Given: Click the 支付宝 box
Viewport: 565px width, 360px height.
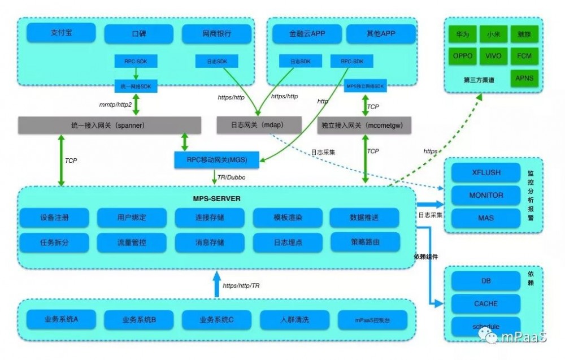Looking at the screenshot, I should click(61, 33).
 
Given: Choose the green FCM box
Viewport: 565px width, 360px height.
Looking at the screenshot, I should click(524, 56).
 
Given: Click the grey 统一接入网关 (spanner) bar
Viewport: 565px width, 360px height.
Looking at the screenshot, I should click(110, 125).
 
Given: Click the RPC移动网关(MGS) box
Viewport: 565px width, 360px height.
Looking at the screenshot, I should click(218, 160).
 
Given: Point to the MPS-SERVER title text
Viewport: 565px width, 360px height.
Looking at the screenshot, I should click(217, 199).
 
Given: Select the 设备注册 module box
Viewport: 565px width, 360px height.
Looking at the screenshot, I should click(54, 218).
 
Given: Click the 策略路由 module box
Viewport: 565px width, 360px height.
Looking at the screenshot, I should click(364, 241).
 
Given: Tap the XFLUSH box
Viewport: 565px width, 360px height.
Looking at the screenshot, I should click(485, 172).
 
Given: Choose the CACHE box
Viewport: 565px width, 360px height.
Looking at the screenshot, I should click(485, 303).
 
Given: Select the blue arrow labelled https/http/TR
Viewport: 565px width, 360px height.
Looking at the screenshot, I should click(216, 284).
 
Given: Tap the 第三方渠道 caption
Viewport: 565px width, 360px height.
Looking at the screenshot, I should click(479, 80).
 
